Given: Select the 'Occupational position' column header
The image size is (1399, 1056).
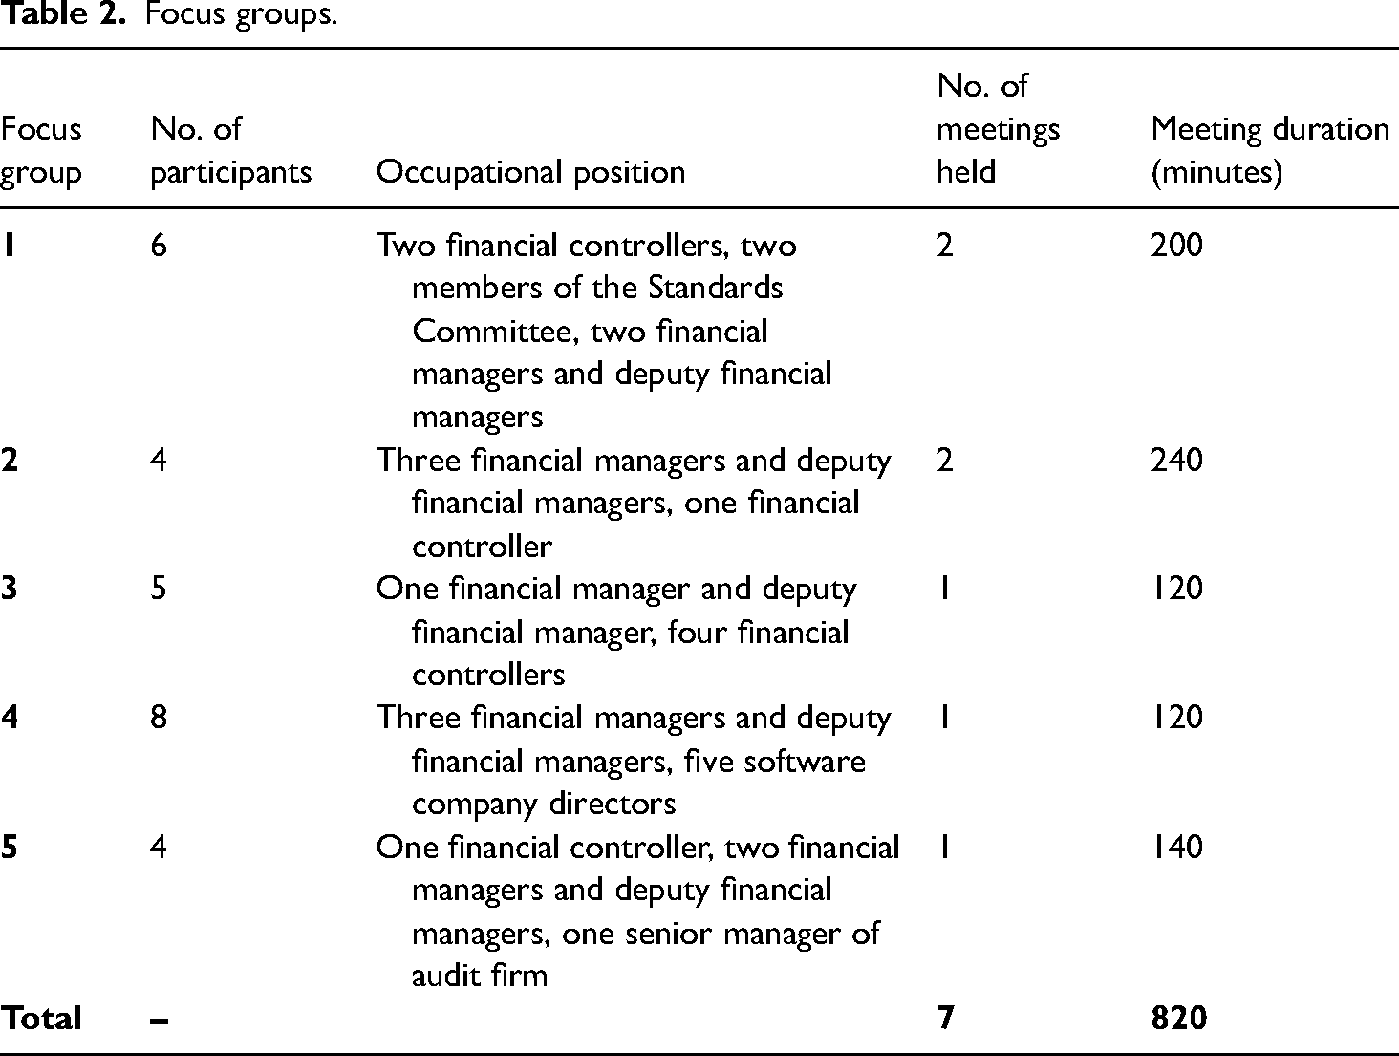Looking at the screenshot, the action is pyautogui.click(x=531, y=172).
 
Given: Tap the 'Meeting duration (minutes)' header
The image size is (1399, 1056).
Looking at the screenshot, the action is pyautogui.click(x=1270, y=150).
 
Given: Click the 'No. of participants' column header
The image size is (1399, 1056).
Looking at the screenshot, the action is pyautogui.click(x=230, y=150).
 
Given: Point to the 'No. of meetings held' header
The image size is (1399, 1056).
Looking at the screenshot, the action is pyautogui.click(x=998, y=129).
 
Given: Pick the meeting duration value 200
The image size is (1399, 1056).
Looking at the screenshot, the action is pyautogui.click(x=1176, y=245).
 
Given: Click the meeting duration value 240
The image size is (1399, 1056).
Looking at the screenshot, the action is pyautogui.click(x=1176, y=460).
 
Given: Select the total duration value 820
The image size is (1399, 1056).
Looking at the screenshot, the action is pyautogui.click(x=1179, y=1018).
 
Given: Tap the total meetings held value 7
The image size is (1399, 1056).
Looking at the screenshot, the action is pyautogui.click(x=946, y=1018).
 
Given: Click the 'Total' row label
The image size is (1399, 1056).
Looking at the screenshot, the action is pyautogui.click(x=41, y=1018).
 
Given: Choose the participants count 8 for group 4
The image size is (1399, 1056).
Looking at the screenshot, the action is pyautogui.click(x=159, y=717).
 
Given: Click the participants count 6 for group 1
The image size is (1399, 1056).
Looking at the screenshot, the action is pyautogui.click(x=159, y=245).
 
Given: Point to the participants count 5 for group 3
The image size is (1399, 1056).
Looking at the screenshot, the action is pyautogui.click(x=159, y=588).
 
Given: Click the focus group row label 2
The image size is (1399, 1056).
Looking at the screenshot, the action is pyautogui.click(x=9, y=460).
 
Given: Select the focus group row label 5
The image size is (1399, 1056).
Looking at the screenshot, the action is pyautogui.click(x=9, y=847).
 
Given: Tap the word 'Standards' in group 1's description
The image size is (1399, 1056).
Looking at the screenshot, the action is pyautogui.click(x=716, y=288).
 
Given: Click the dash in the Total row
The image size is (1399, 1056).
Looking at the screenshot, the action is pyautogui.click(x=159, y=1021).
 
